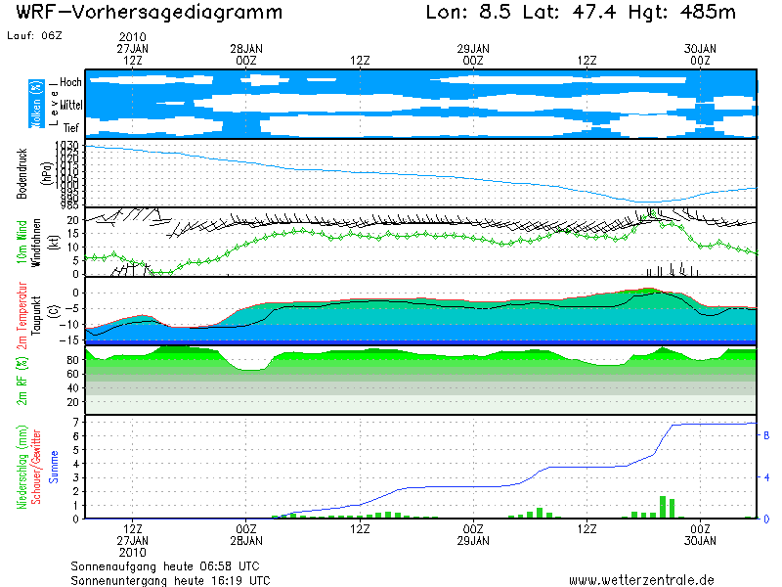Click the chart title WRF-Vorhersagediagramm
pyautogui.click(x=150, y=14)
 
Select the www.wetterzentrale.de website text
pyautogui.click(x=641, y=579)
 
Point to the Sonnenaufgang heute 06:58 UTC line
pyautogui.click(x=164, y=565)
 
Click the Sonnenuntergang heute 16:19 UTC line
pyautogui.click(x=170, y=579)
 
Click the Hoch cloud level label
pyautogui.click(x=70, y=82)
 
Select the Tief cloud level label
pyautogui.click(x=71, y=126)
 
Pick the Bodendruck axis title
pyautogui.click(x=22, y=174)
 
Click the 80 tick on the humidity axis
pyautogui.click(x=72, y=360)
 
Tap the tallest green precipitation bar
pyautogui.click(x=663, y=507)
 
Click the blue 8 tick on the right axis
pyautogui.click(x=766, y=435)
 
